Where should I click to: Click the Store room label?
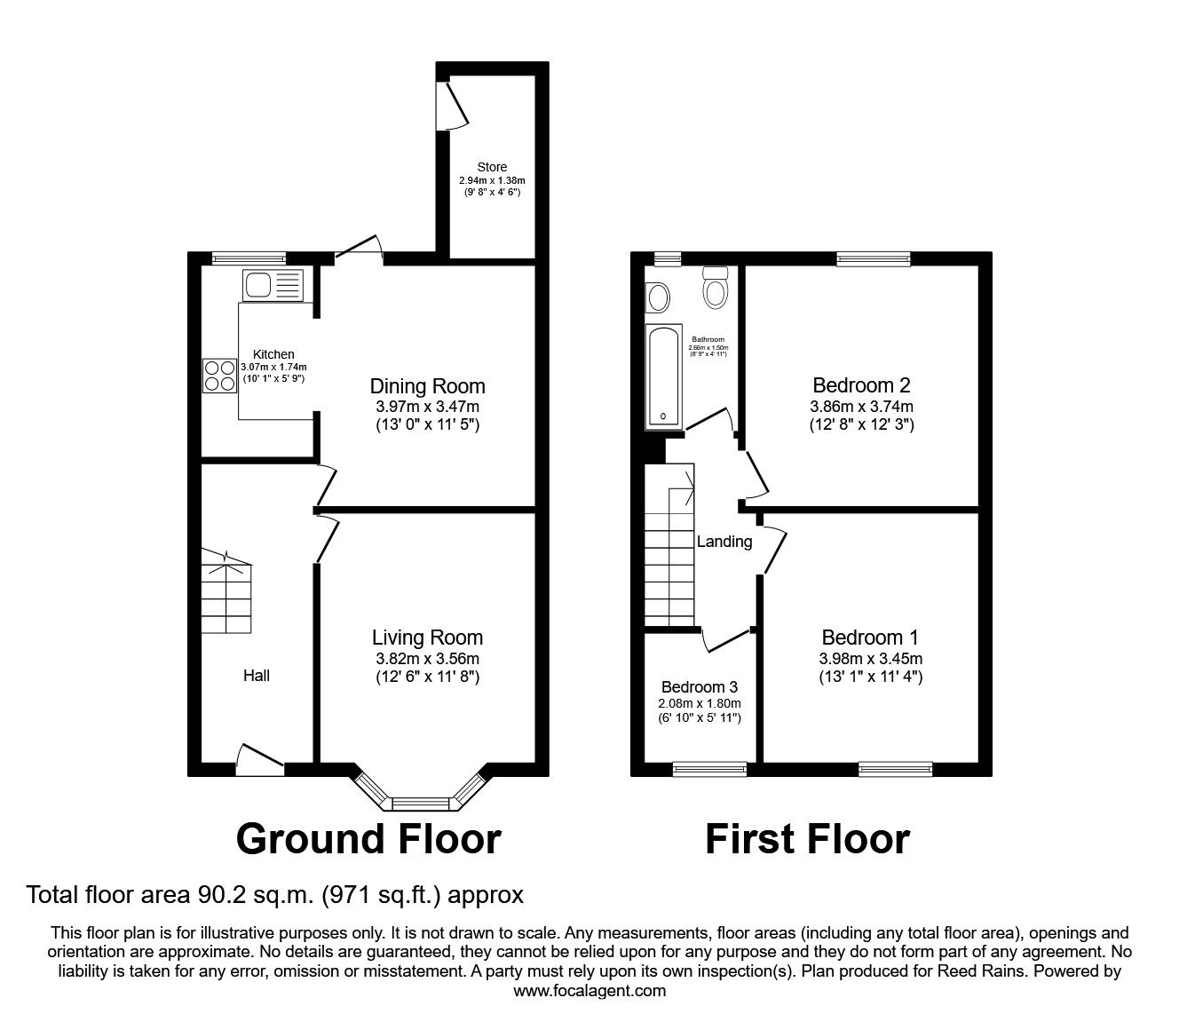pyautogui.click(x=492, y=167)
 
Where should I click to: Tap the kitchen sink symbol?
pyautogui.click(x=272, y=285)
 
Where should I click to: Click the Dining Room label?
pyautogui.click(x=427, y=386)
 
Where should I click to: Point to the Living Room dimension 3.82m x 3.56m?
pyautogui.click(x=427, y=659)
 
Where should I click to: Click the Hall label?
pyautogui.click(x=257, y=676)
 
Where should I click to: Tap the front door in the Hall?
pyautogui.click(x=260, y=757)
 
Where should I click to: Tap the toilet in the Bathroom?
pyautogui.click(x=715, y=288)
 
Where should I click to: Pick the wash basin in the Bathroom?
pyautogui.click(x=658, y=297)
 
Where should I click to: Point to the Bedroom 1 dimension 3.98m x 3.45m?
pyautogui.click(x=870, y=659)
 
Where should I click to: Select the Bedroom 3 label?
pyautogui.click(x=700, y=687)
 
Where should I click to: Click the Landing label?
pyautogui.click(x=724, y=542)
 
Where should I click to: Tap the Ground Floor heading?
pyautogui.click(x=368, y=838)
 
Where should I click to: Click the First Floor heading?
pyautogui.click(x=807, y=838)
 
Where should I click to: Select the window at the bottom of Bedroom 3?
pyautogui.click(x=709, y=769)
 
